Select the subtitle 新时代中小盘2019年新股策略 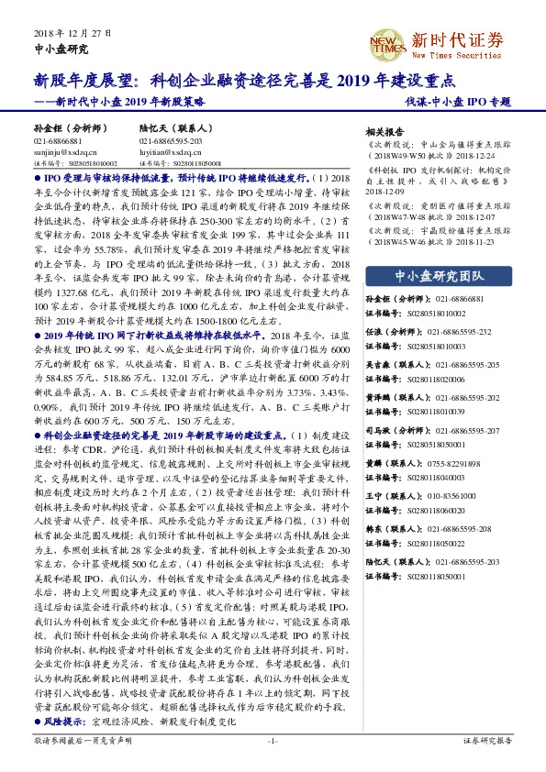tap(114, 103)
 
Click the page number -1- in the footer tap(273, 763)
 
